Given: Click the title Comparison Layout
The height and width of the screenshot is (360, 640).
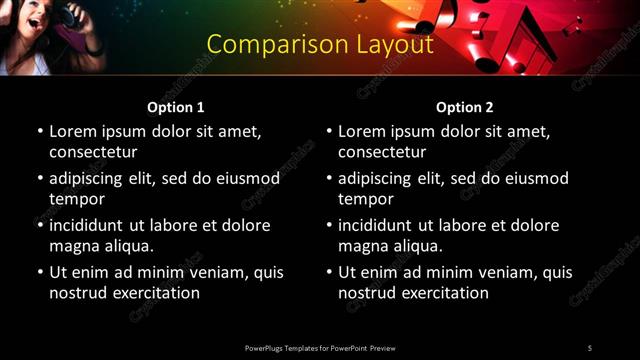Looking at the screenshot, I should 320,45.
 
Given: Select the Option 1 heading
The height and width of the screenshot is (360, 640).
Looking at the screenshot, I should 176,107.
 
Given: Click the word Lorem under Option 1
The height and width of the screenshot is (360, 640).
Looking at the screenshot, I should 73,131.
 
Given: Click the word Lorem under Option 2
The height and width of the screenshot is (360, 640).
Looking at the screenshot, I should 362,131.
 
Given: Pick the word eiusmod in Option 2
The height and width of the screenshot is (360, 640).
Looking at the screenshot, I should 535,178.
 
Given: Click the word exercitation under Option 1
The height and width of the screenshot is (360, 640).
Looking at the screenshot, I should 155,293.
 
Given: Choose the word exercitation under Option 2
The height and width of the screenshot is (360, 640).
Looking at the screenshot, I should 444,293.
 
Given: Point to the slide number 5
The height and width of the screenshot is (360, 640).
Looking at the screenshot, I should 589,347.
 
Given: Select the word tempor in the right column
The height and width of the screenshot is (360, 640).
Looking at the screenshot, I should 364,199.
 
